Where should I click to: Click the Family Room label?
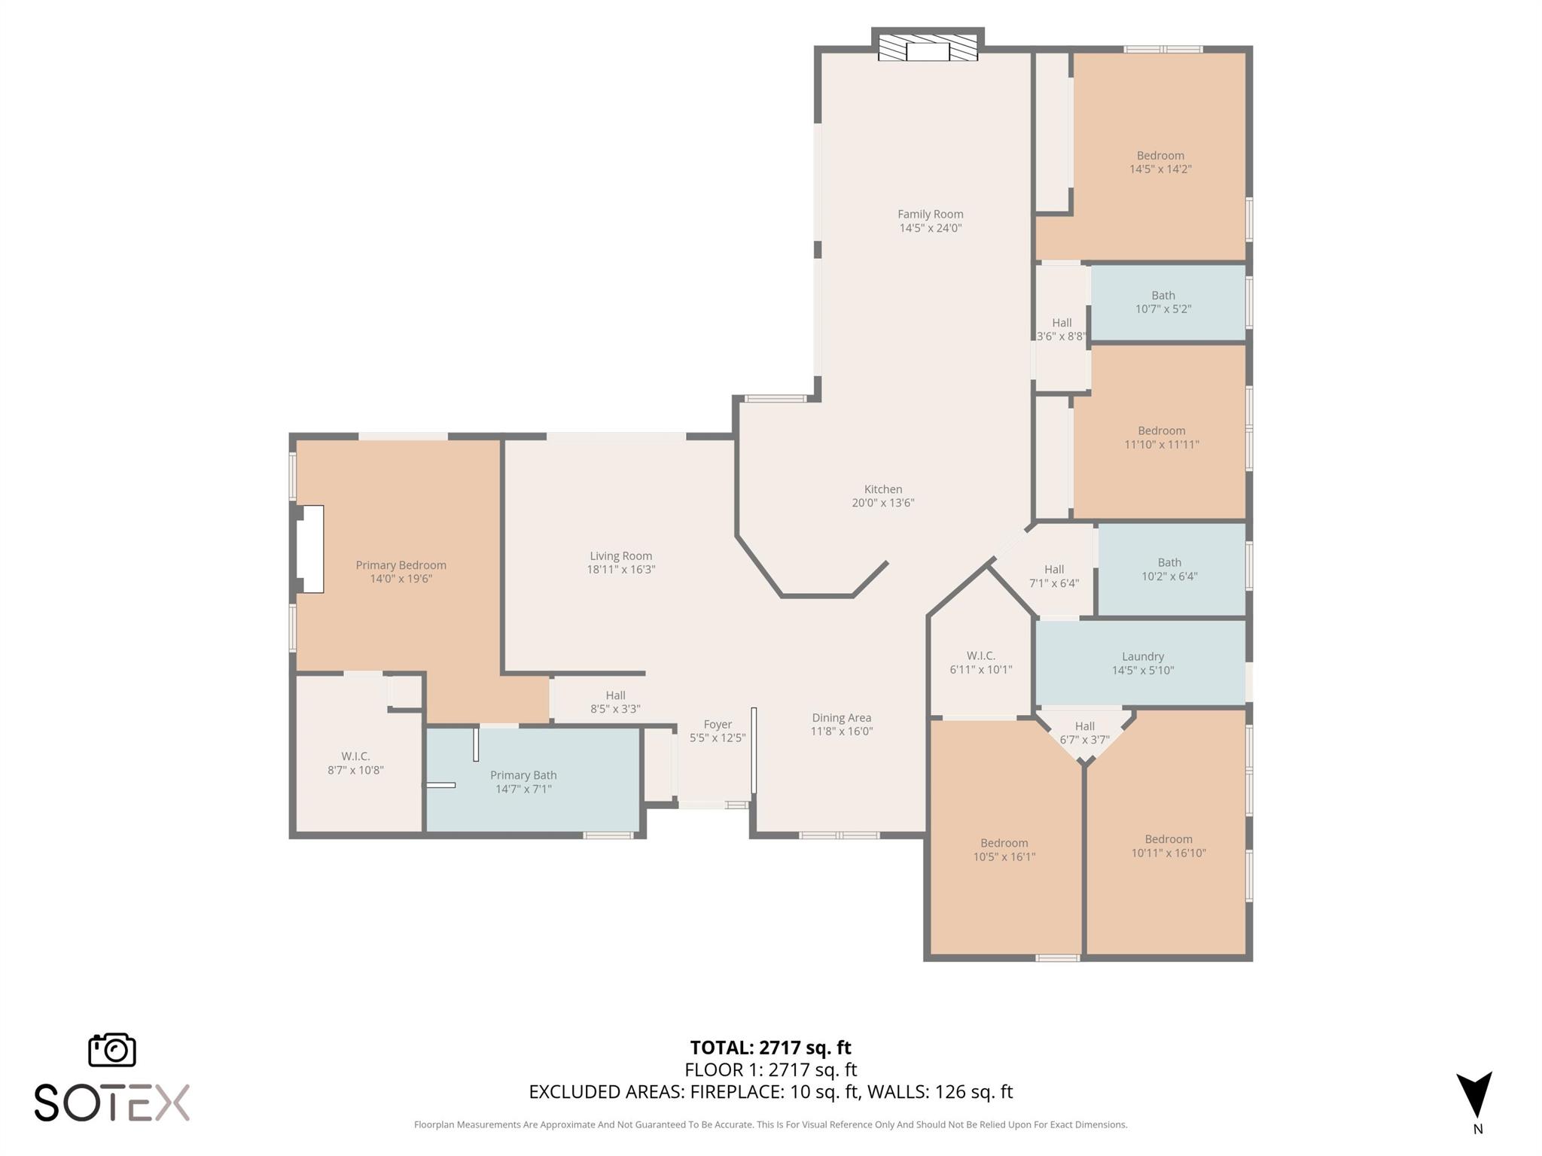(x=930, y=214)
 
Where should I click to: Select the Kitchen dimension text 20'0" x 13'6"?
(x=882, y=503)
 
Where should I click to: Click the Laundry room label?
(x=1142, y=656)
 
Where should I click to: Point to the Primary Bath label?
(x=523, y=775)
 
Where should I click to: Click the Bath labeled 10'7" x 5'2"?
(x=1163, y=302)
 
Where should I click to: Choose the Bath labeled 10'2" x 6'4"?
(x=1169, y=569)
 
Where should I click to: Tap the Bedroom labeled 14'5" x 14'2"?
(x=1160, y=162)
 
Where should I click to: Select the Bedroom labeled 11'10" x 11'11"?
(x=1161, y=437)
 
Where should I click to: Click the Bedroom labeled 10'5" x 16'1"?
(x=1004, y=850)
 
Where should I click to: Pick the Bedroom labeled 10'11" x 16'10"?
(x=1168, y=846)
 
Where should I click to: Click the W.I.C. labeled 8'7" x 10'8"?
(x=355, y=762)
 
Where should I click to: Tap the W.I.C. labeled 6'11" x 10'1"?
(x=980, y=662)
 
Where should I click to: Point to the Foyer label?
(x=718, y=724)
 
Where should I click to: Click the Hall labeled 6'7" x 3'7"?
(x=1084, y=732)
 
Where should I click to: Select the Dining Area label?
(x=841, y=717)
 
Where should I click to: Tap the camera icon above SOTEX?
(x=112, y=1050)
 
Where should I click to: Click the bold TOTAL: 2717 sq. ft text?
(x=770, y=1047)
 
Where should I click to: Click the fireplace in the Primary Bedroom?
(x=310, y=549)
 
